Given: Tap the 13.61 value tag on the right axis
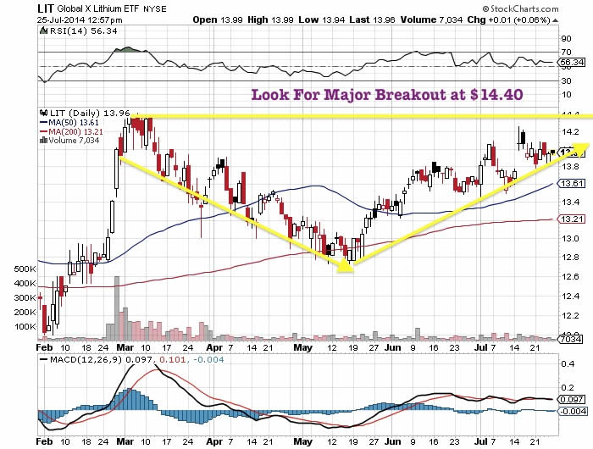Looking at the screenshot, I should (x=571, y=184).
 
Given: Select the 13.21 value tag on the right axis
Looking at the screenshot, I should (x=571, y=219).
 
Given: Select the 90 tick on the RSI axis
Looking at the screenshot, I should (x=566, y=38).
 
